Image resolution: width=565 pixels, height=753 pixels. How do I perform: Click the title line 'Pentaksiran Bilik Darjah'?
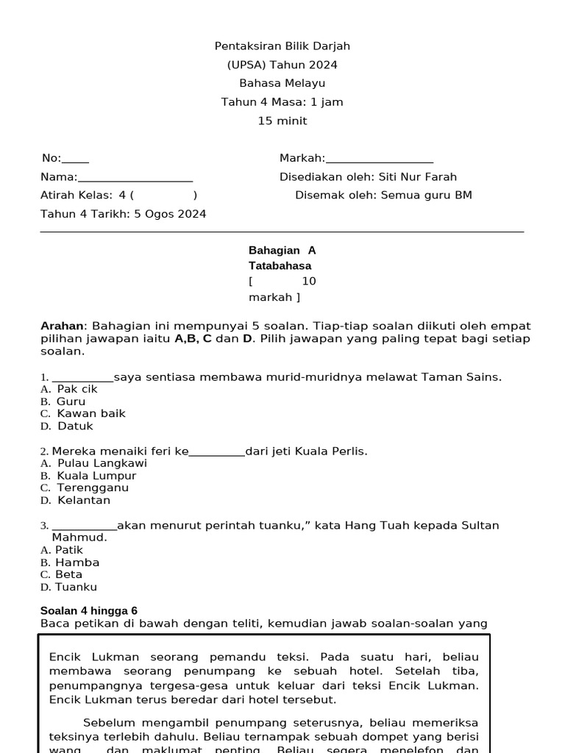click(x=282, y=46)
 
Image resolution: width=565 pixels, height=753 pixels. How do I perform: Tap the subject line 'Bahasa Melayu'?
click(x=282, y=84)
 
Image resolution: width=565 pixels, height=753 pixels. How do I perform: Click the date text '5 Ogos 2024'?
click(x=171, y=215)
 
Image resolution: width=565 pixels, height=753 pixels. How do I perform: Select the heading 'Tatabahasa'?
click(x=280, y=266)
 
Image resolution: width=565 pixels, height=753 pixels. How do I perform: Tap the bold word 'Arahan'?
click(x=63, y=326)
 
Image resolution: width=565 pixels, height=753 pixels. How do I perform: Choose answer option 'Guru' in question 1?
click(x=71, y=402)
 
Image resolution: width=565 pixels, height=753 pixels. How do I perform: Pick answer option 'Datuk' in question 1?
click(x=75, y=426)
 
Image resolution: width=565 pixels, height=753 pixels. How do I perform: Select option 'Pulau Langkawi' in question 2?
click(x=102, y=463)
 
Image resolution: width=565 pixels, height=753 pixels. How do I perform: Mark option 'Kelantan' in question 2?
click(x=83, y=501)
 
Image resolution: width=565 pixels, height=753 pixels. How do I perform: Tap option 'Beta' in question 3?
click(x=68, y=574)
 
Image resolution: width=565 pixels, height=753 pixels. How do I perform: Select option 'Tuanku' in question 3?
click(x=76, y=588)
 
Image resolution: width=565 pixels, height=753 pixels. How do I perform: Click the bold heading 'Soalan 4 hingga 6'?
click(x=88, y=611)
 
